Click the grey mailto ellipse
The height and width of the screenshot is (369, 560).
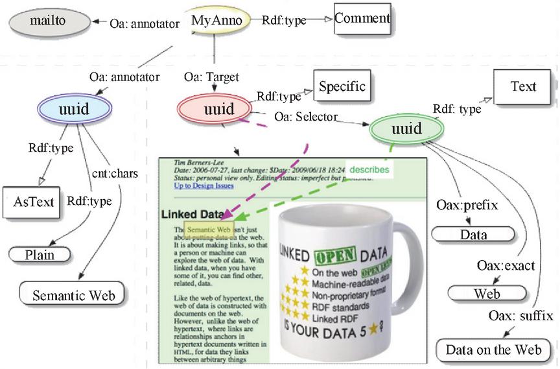tap(45, 22)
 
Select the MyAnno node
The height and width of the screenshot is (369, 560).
tap(216, 21)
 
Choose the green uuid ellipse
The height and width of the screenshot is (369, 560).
tap(406, 128)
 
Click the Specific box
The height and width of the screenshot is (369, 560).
tap(342, 86)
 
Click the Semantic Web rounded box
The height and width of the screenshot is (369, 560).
tap(71, 296)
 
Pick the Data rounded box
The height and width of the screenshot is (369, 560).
tap(473, 234)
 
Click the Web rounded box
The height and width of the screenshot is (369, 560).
tap(486, 294)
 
